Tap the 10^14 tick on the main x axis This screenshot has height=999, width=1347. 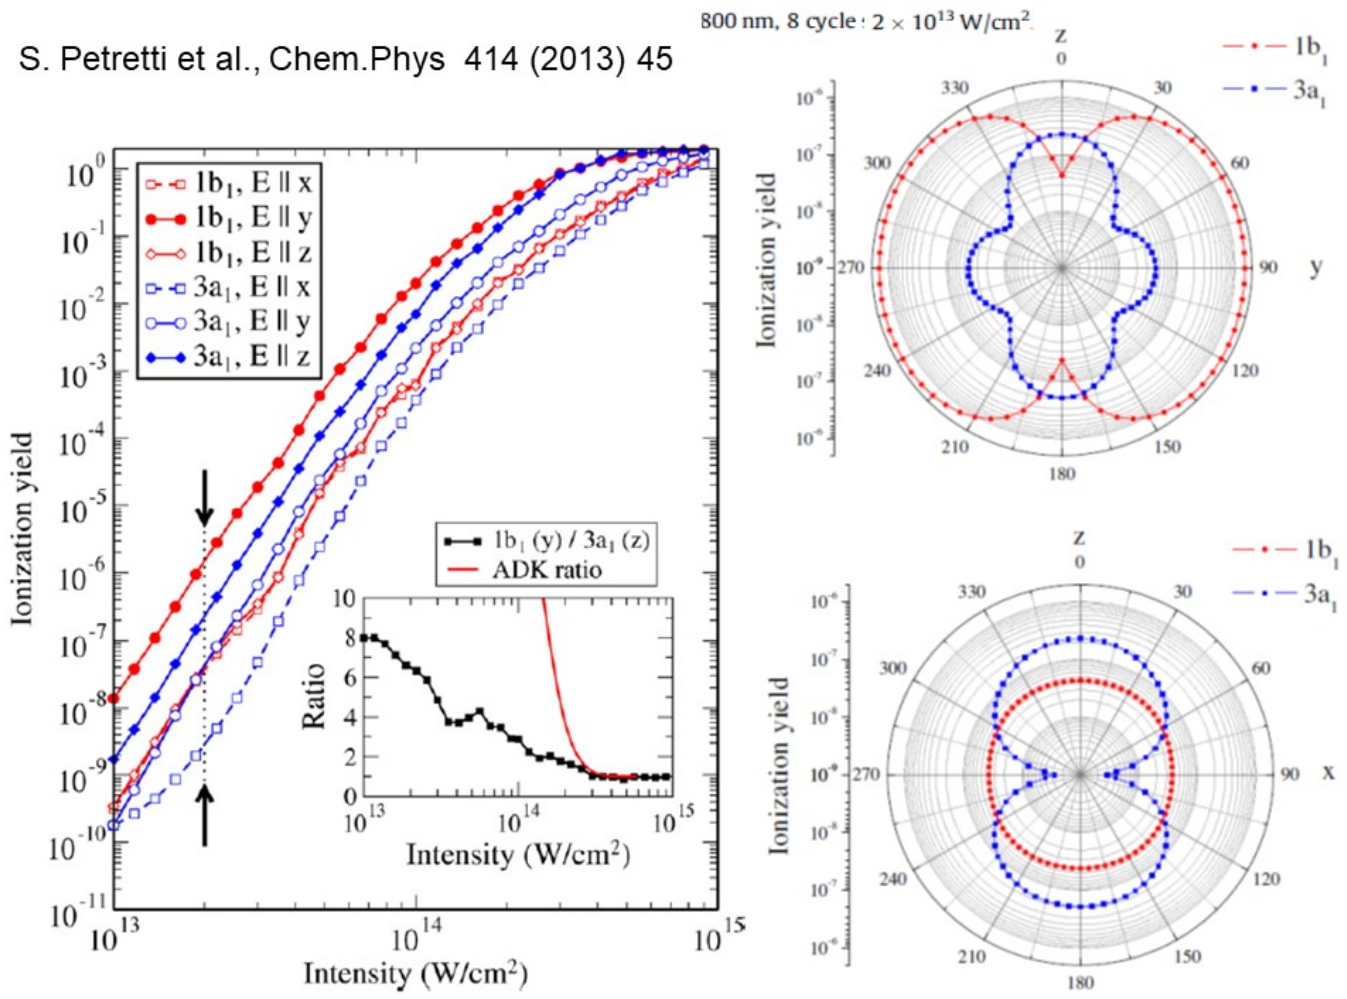(416, 942)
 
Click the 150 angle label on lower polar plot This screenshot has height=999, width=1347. (1187, 956)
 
